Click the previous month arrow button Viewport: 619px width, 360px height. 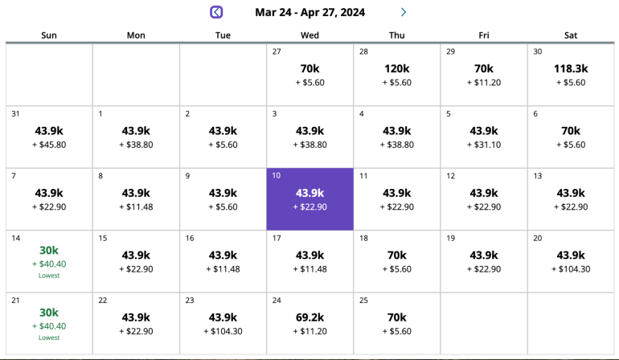point(216,12)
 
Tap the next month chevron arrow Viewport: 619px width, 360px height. point(404,12)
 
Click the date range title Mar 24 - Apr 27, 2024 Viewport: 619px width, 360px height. point(309,12)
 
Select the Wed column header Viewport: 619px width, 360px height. point(309,35)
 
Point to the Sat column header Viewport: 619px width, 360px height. point(571,35)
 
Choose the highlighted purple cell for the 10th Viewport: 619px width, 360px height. point(309,199)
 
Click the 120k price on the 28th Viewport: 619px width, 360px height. point(397,68)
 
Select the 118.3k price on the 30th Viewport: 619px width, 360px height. point(571,68)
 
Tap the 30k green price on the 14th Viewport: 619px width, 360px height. point(49,250)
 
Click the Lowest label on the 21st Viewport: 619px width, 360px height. point(49,337)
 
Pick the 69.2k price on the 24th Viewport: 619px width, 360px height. point(309,317)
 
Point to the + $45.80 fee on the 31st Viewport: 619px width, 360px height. point(49,145)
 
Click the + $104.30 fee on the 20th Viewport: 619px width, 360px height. point(571,269)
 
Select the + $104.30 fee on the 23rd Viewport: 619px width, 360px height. point(223,331)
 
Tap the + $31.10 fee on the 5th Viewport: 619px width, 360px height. point(484,145)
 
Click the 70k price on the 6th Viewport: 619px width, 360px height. point(571,131)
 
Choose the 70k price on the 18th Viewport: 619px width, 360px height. point(397,255)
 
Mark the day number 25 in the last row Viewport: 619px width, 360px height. point(364,301)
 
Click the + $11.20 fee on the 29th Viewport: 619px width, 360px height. point(484,82)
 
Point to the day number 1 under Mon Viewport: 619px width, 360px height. point(100,113)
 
